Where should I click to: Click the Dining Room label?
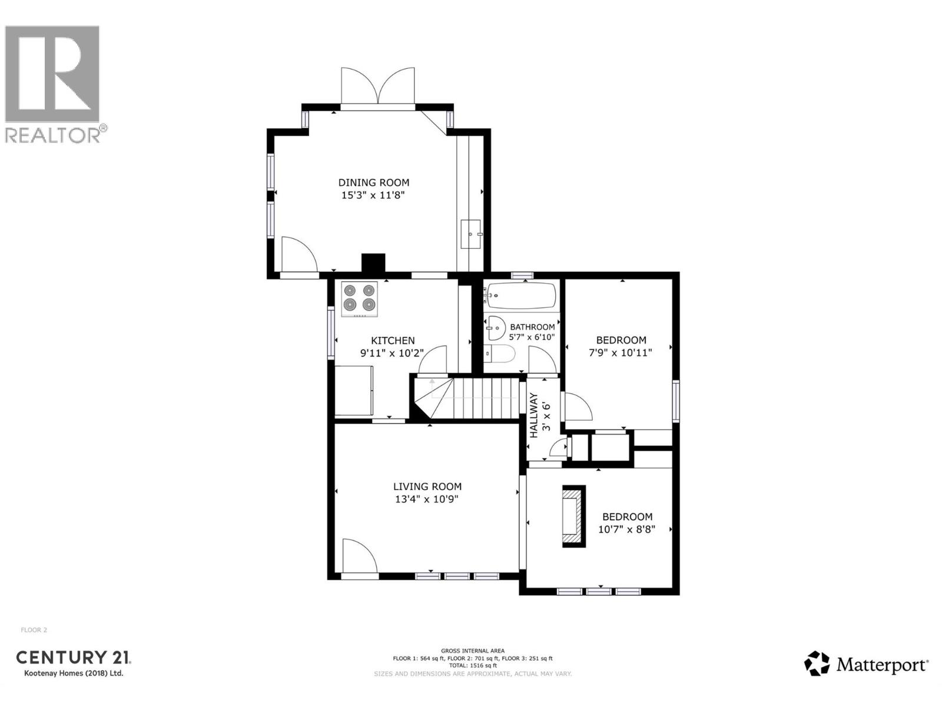(373, 183)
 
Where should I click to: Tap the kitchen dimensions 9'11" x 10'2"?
(392, 354)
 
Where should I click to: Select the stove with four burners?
(360, 299)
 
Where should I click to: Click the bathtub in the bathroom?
(522, 296)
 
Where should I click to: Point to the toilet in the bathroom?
(500, 354)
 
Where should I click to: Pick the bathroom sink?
(496, 328)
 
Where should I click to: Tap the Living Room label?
(427, 487)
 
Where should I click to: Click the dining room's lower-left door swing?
(298, 254)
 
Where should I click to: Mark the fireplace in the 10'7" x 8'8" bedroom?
(573, 517)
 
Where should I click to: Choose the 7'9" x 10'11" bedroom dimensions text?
(621, 353)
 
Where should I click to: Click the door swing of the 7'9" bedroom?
(577, 407)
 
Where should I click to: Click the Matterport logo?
(866, 665)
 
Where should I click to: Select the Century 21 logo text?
(73, 657)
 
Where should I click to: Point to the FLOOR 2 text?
(34, 630)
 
